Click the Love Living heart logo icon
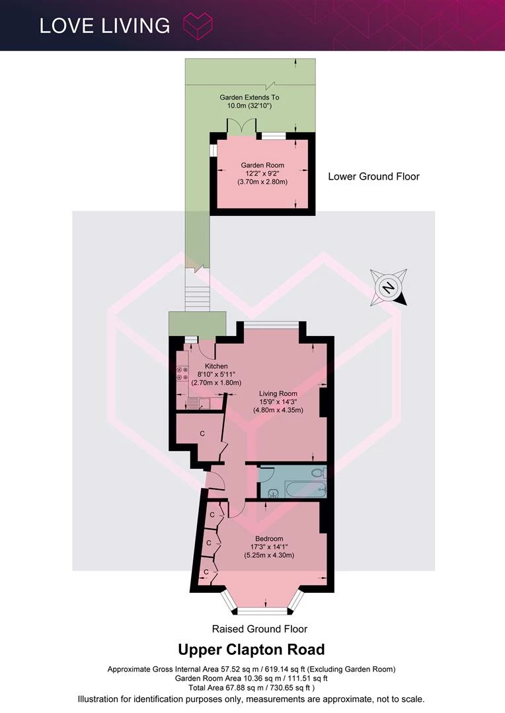tap(198, 26)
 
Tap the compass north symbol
tap(389, 287)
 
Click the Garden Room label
tap(262, 166)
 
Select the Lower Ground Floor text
tap(374, 176)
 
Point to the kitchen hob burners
tap(182, 373)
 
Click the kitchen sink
tap(198, 403)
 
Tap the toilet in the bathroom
tap(319, 473)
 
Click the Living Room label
tap(278, 393)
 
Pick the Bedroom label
tap(269, 539)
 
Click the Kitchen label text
tap(216, 366)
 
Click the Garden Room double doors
tap(242, 125)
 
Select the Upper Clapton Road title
tap(251, 650)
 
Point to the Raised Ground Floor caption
tap(260, 629)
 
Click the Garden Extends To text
tap(250, 97)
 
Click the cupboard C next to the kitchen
tap(202, 434)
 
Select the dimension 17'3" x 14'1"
tap(269, 547)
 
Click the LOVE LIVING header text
tap(104, 26)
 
